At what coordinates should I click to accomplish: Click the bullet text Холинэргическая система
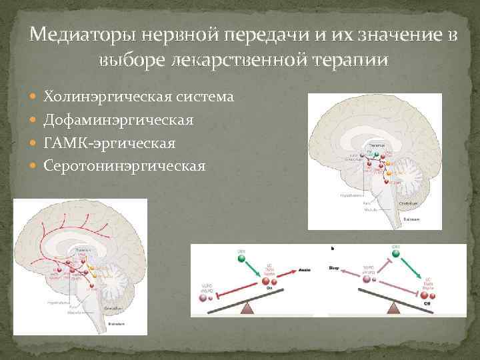tap(139, 97)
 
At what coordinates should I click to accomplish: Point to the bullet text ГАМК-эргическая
tap(109, 143)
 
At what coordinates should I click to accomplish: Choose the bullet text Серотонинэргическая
tap(125, 165)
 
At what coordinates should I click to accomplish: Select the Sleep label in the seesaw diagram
tap(334, 268)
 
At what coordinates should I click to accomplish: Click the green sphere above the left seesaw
tap(241, 257)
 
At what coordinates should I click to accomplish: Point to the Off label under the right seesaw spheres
tap(427, 303)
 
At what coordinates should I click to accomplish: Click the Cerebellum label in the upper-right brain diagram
tap(407, 203)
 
